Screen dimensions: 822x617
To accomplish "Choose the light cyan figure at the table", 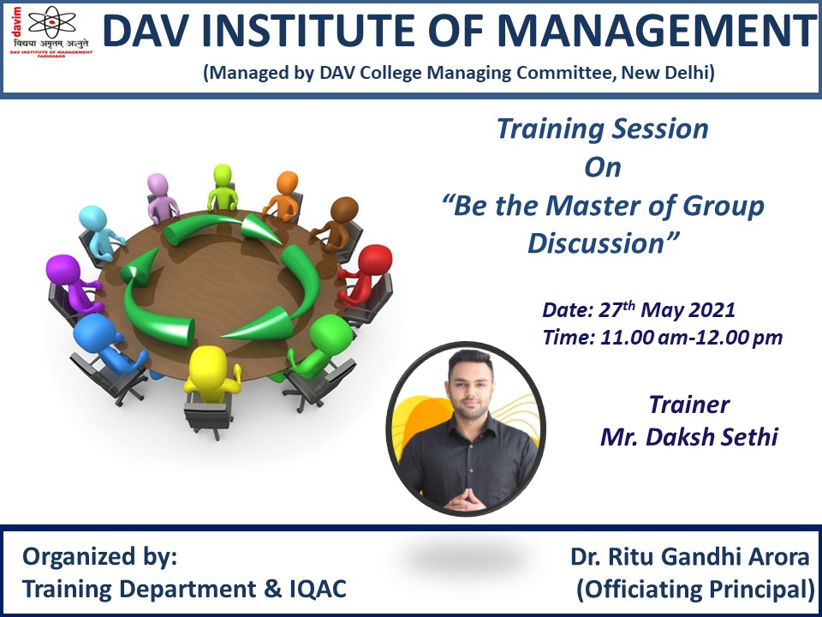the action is pos(99,232).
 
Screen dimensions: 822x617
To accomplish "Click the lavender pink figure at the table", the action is pos(161,198).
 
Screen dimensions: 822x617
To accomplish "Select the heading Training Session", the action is pos(602,129).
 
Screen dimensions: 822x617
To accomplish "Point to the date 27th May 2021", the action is pos(667,309).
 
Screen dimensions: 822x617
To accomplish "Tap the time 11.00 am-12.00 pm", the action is pos(691,338).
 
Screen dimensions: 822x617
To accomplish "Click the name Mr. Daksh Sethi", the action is pos(688,436).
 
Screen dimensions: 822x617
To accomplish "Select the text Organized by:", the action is pos(99,557).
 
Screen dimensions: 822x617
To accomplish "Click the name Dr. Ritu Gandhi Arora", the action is pos(690,557).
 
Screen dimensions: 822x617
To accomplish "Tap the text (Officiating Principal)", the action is pos(695,590).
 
